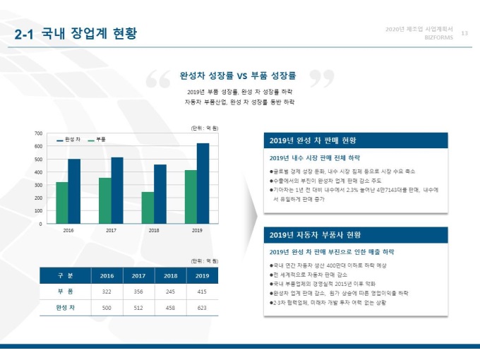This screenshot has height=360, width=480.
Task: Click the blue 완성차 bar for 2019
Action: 203,184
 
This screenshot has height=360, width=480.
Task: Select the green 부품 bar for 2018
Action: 148,208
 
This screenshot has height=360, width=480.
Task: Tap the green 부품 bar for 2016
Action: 62,203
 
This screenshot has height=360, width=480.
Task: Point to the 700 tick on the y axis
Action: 38,133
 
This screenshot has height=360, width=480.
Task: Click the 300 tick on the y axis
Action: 38,185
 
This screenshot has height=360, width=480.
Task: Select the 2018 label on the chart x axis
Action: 154,231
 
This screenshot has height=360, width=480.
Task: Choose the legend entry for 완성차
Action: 68,140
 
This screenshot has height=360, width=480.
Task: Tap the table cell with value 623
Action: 202,308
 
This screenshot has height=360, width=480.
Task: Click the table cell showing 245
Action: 170,291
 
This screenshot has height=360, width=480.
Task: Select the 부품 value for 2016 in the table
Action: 107,291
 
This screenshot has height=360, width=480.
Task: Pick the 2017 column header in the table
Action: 138,275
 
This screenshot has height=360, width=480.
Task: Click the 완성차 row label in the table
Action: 66,308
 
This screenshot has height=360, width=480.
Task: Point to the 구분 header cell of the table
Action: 66,275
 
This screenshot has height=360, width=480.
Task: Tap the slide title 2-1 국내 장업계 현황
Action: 76,35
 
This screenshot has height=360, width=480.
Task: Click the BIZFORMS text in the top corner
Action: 438,38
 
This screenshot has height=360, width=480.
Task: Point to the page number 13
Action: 464,33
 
